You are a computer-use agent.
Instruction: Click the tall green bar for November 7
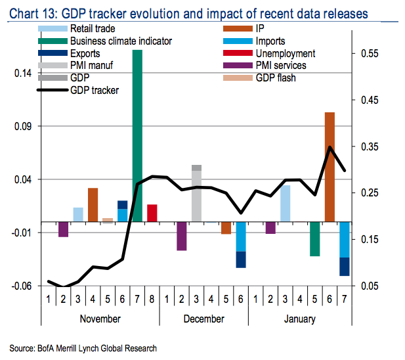[138, 131]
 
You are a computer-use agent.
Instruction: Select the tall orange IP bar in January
[330, 167]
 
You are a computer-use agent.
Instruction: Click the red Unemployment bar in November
[152, 214]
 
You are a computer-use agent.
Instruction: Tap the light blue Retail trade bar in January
[285, 204]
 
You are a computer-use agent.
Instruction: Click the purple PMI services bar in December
[182, 236]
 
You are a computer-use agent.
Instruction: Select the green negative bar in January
[315, 238]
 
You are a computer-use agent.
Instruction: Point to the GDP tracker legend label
[95, 90]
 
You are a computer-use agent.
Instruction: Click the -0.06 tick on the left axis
[21, 286]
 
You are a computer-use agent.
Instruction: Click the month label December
[203, 319]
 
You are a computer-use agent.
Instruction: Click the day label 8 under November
[152, 301]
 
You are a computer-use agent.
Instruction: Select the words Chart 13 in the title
[28, 14]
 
